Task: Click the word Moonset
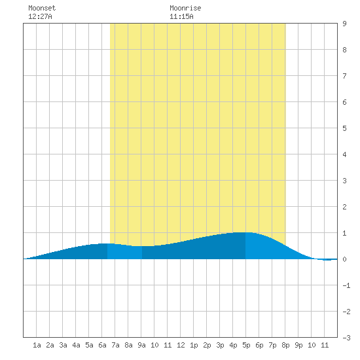pos(42,8)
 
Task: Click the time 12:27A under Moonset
pos(40,16)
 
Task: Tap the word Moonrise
pos(185,8)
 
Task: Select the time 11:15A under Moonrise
pos(181,16)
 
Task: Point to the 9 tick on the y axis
pos(344,24)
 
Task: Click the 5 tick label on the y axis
pos(344,128)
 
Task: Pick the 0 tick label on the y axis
pos(344,259)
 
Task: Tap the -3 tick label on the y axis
pos(346,338)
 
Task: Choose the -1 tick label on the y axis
pos(346,285)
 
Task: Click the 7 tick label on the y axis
pos(344,76)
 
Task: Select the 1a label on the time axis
pos(37,345)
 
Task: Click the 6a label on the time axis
pos(102,345)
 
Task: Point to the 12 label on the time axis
pos(181,345)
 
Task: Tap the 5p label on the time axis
pos(246,345)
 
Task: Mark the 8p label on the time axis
pos(285,345)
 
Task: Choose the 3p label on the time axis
pos(220,345)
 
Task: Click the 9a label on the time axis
pos(141,345)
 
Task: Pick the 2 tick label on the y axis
pos(344,207)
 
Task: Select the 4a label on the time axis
pos(76,345)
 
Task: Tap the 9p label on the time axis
pos(298,345)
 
